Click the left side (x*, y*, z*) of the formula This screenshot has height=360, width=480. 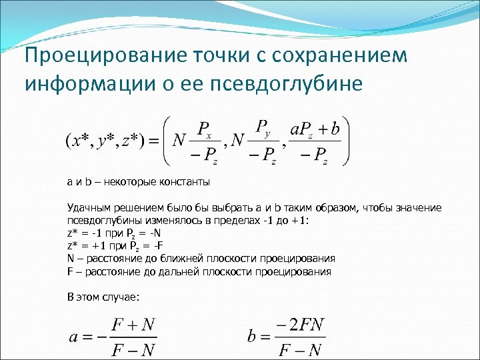[103, 142]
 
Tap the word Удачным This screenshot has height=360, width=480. [87, 208]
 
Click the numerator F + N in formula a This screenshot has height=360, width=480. [133, 325]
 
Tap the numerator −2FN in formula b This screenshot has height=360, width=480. [299, 325]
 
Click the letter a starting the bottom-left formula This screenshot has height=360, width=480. [74, 337]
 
